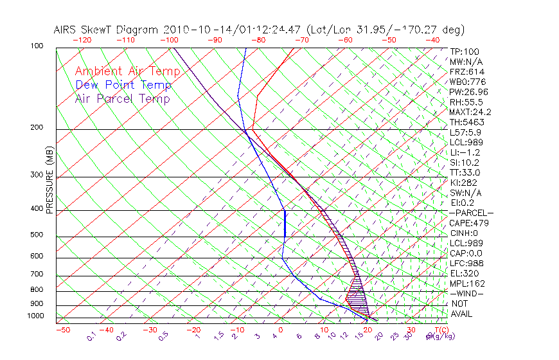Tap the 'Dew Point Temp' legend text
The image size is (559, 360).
tap(123, 85)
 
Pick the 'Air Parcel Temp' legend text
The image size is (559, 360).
tap(123, 98)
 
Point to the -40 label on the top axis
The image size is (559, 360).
tap(432, 40)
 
